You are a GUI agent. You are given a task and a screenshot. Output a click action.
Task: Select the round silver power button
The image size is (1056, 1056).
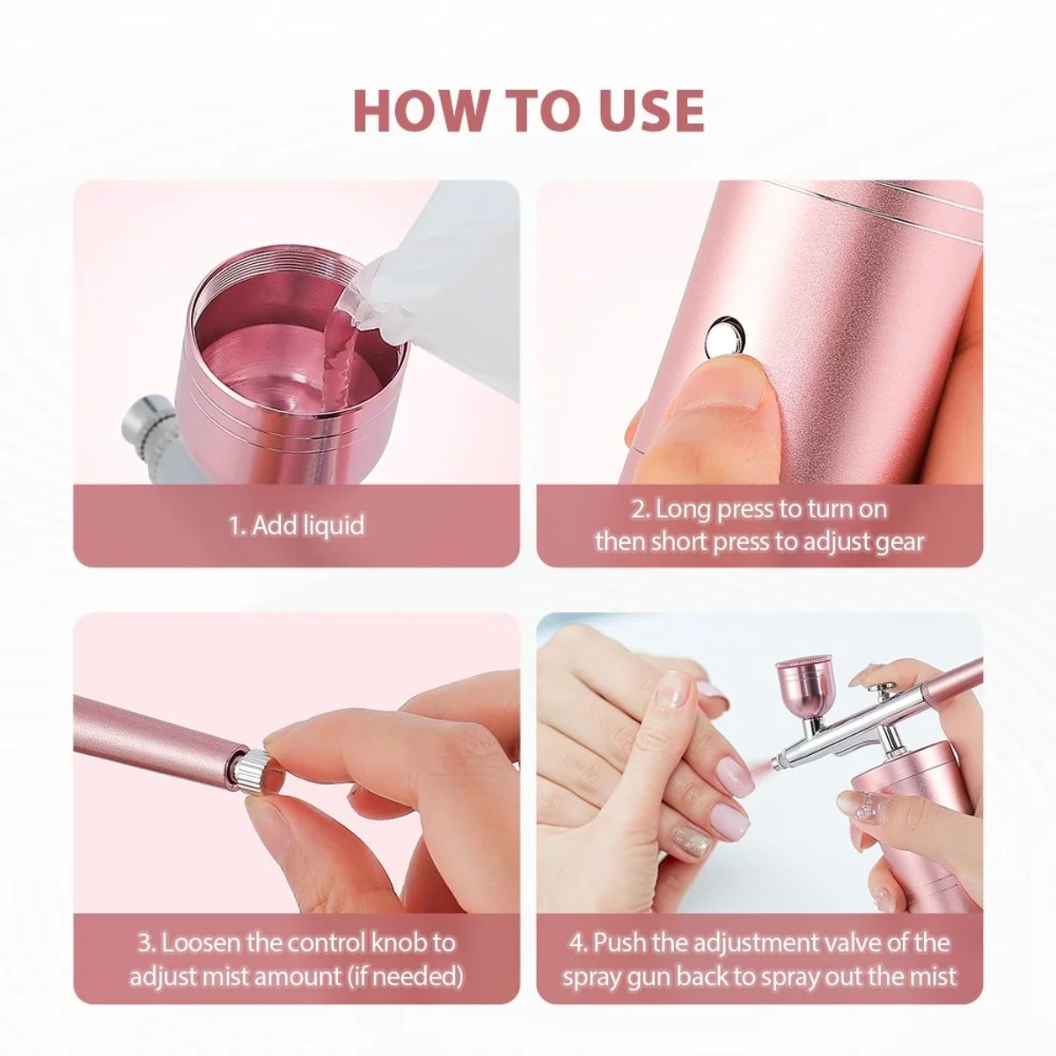(x=726, y=334)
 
